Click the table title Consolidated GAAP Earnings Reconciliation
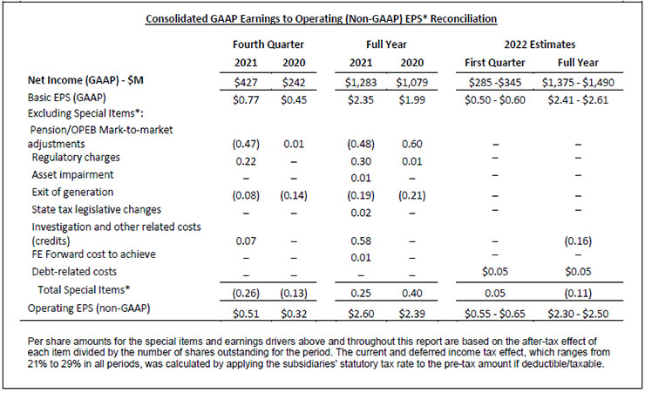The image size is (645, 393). pos(322,19)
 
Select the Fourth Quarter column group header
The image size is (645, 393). pos(268,44)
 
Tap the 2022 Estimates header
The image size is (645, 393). pos(540,44)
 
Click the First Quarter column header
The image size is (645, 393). pos(495,63)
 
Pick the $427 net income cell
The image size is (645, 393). pos(246,82)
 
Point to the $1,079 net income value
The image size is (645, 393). pos(411,82)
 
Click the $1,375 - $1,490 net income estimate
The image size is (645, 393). pos(578,82)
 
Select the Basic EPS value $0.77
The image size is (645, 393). pos(246,100)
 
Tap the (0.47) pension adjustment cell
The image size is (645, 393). pos(246,144)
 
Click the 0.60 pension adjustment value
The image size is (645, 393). pos(411,144)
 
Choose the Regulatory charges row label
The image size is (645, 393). pos(76,158)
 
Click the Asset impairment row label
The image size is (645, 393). pos(72,174)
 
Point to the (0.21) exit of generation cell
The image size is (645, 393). pos(411,195)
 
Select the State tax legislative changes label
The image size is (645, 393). pos(96,210)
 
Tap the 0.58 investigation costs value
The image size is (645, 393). pos(361,241)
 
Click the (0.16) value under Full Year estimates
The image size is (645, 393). pos(578,241)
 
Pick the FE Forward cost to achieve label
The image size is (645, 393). pos(94,254)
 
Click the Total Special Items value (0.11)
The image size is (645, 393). pos(578,293)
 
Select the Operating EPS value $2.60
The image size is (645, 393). pos(361,314)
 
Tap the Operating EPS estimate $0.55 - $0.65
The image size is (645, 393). pos(495,314)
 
